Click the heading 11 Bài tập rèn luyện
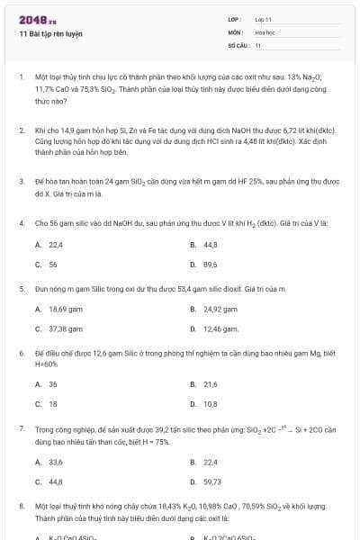[x=50, y=33]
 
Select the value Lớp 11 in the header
[x=264, y=19]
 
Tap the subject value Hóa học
[x=265, y=31]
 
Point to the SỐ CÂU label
[x=238, y=44]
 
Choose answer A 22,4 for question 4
[x=55, y=245]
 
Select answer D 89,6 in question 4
[x=211, y=265]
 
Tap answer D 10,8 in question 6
[x=211, y=403]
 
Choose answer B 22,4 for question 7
[x=211, y=462]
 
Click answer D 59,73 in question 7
[x=212, y=481]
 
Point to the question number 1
[x=21, y=77]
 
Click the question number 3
[x=21, y=181]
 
